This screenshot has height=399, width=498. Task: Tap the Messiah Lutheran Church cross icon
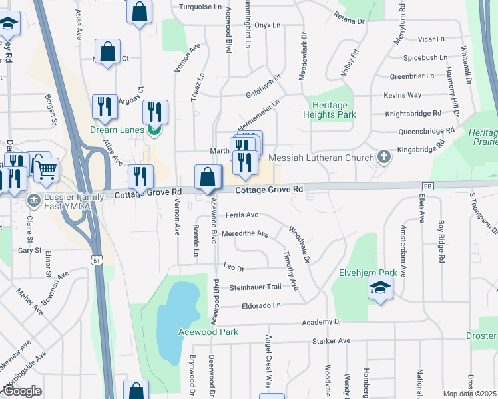(383, 157)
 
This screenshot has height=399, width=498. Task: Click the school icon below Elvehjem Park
(380, 287)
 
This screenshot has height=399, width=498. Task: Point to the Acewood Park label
(208, 332)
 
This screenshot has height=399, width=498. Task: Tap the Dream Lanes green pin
(154, 130)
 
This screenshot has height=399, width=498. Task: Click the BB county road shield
(427, 186)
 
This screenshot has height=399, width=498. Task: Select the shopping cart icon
(45, 171)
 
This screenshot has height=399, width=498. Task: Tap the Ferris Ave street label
(242, 215)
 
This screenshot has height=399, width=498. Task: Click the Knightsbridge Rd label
(413, 114)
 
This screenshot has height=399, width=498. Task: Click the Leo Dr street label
(234, 269)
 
